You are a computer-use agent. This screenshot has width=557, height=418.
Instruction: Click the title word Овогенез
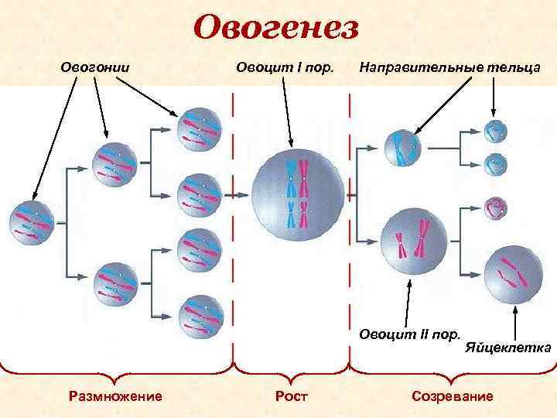click(276, 29)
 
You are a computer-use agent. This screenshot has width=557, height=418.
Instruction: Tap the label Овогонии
click(94, 67)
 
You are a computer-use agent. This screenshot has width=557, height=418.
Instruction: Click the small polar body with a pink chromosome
click(494, 207)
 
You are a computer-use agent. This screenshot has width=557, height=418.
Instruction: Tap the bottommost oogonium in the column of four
click(200, 316)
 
